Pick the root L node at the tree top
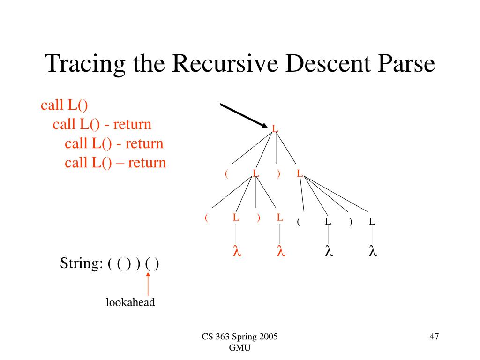[x=275, y=128]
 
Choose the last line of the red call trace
[x=115, y=163]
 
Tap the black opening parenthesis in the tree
[x=298, y=222]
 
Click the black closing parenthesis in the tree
[x=350, y=222]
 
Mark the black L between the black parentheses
[x=329, y=221]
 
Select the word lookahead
[x=130, y=302]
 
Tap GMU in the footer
[x=240, y=347]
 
